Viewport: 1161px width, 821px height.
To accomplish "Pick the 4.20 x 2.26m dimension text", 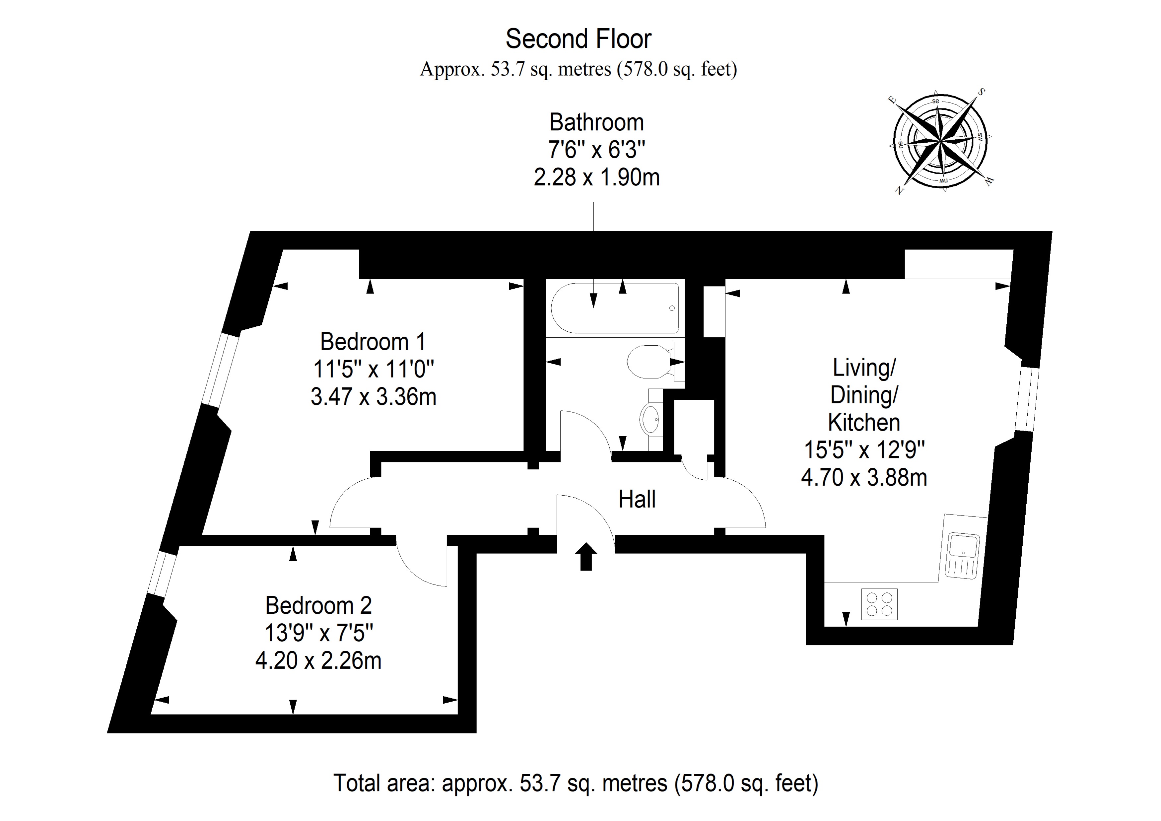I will [318, 661].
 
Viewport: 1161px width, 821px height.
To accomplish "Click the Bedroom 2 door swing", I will [420, 564].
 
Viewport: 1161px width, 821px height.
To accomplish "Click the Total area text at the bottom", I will [576, 783].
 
